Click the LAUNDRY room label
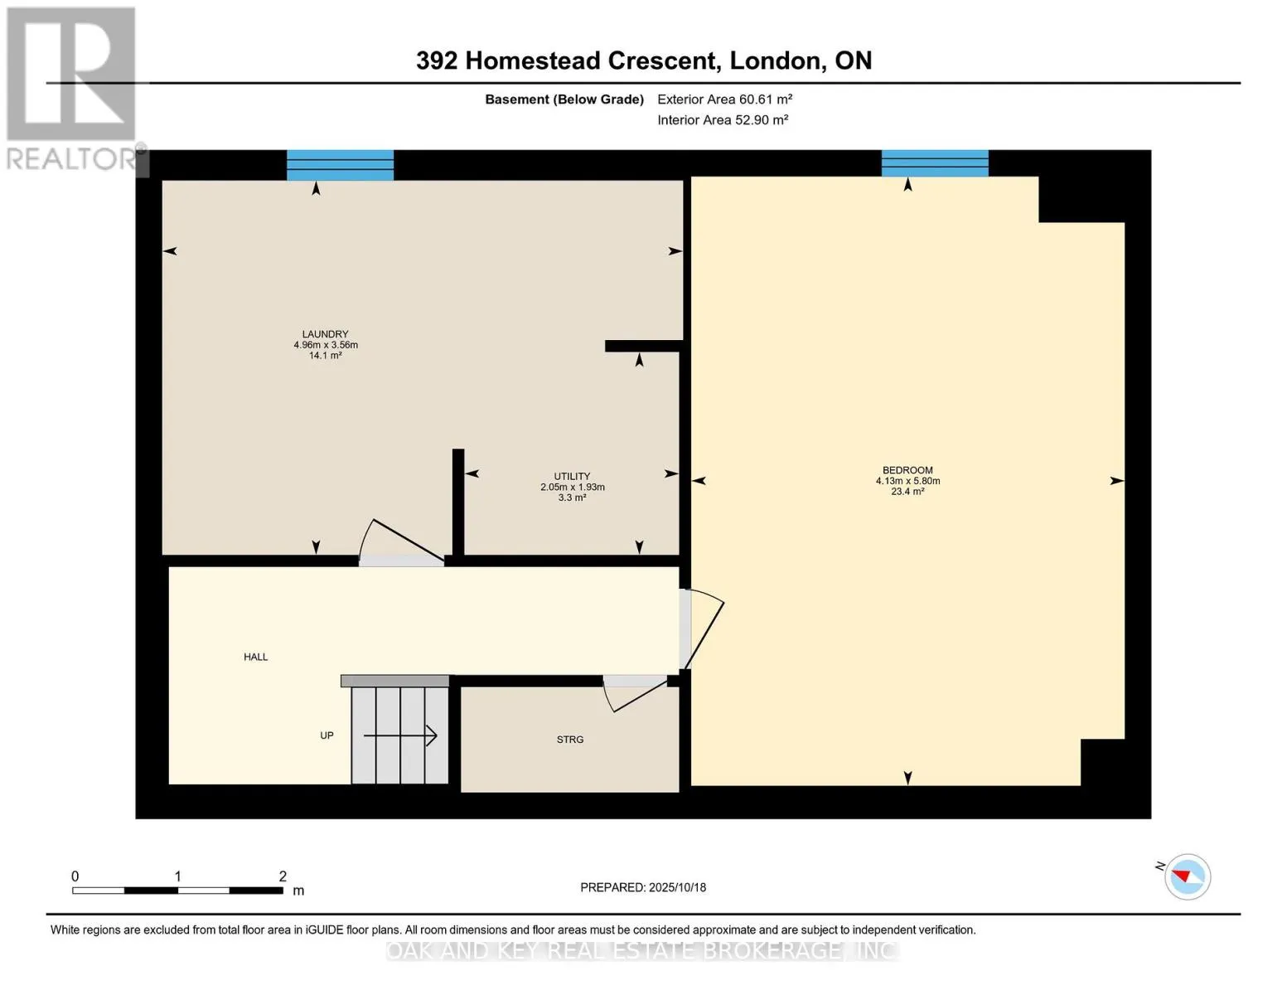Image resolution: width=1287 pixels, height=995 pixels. (x=325, y=334)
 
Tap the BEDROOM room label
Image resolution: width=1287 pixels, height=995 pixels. (x=907, y=470)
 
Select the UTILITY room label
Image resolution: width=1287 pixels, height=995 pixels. (x=572, y=477)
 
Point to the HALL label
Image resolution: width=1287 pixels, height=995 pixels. (x=255, y=657)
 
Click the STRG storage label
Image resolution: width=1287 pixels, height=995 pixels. (x=570, y=740)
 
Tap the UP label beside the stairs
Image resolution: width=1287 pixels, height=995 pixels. (x=327, y=735)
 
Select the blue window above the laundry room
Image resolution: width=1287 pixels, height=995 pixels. (x=340, y=165)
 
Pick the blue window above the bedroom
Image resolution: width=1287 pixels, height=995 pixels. (x=935, y=163)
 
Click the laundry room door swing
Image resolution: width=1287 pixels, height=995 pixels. (x=401, y=543)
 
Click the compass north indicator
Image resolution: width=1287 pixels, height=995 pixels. (x=1187, y=876)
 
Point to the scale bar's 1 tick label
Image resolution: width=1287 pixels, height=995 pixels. (x=177, y=876)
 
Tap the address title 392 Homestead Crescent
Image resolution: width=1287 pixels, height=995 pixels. (x=643, y=61)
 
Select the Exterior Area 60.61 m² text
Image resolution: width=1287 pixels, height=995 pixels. (x=724, y=99)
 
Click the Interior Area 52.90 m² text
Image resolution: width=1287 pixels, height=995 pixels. (x=722, y=120)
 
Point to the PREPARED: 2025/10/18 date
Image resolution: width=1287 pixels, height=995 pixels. (x=643, y=887)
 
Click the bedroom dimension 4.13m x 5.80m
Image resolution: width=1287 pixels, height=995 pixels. (x=907, y=481)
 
